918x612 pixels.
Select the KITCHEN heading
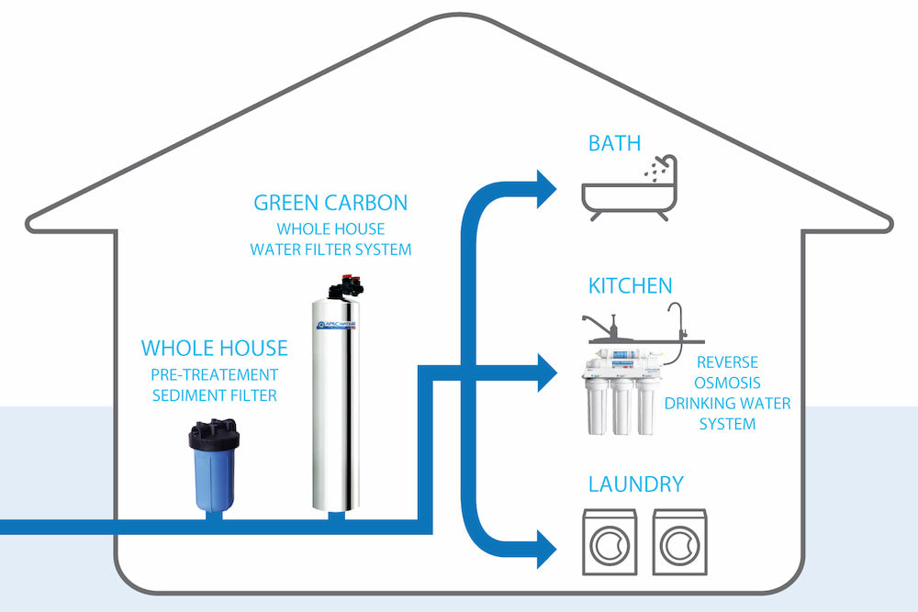[x=630, y=286]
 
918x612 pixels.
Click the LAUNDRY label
[x=636, y=484]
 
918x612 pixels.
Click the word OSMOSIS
[x=727, y=383]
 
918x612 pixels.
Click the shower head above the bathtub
[x=668, y=162]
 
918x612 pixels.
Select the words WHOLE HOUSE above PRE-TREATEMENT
[x=214, y=349]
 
